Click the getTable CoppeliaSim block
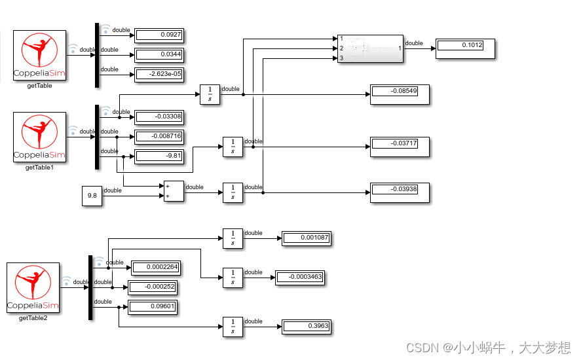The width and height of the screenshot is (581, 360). (x=40, y=56)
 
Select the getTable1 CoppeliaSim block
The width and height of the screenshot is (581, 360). (x=40, y=137)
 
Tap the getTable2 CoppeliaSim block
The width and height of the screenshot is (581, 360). (x=33, y=288)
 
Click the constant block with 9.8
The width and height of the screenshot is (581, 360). (x=92, y=196)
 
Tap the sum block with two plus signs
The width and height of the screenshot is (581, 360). (x=174, y=191)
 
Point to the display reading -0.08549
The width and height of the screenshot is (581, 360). (x=400, y=94)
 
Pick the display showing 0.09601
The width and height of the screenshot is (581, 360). (x=153, y=307)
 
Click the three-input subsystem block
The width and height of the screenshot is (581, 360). (x=370, y=48)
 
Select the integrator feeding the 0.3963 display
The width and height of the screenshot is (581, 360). (x=233, y=327)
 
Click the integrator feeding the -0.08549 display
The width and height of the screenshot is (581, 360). (x=210, y=94)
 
